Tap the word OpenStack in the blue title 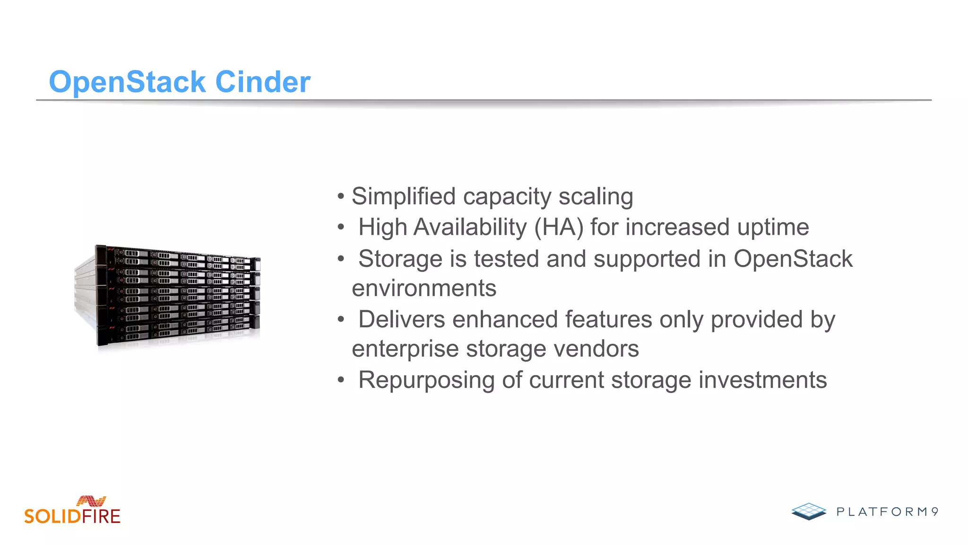click(127, 82)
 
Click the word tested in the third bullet click(506, 259)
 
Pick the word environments click(424, 288)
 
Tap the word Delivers click(401, 319)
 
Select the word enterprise click(405, 349)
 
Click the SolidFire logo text click(72, 516)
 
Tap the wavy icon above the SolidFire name click(91, 501)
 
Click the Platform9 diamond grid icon click(809, 511)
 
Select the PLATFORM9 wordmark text click(887, 512)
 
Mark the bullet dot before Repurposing click(341, 380)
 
